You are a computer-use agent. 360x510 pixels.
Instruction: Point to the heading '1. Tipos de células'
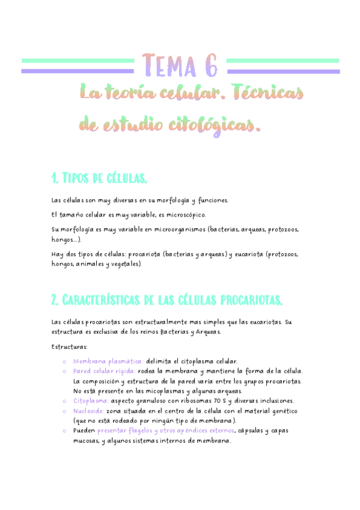tap(100, 178)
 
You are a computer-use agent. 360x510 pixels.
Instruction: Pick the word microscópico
tap(184, 215)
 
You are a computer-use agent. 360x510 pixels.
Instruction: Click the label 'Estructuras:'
tap(70, 346)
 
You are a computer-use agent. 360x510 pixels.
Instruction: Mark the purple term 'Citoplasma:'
tap(91, 401)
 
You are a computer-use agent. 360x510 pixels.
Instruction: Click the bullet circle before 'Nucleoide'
tap(64, 411)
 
